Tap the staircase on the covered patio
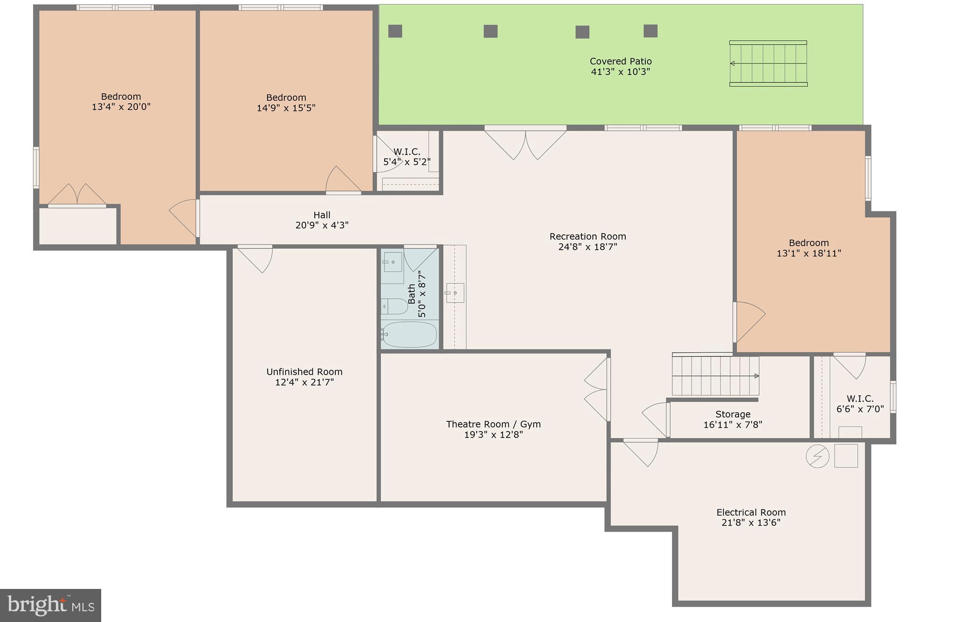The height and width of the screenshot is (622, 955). pyautogui.click(x=768, y=63)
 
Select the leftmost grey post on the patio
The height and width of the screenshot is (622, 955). pyautogui.click(x=395, y=31)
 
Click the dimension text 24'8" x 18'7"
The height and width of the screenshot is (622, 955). pyautogui.click(x=588, y=247)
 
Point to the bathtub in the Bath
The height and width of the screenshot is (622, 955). pyautogui.click(x=409, y=334)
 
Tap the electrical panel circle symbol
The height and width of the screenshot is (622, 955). pyautogui.click(x=817, y=456)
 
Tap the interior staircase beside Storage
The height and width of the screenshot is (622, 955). pyautogui.click(x=715, y=376)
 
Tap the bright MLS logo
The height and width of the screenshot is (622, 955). pyautogui.click(x=50, y=605)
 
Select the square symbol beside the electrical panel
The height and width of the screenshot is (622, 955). pyautogui.click(x=845, y=456)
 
